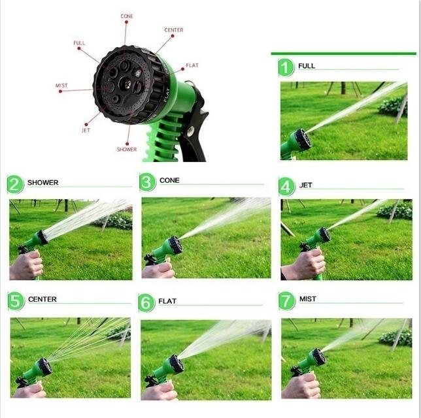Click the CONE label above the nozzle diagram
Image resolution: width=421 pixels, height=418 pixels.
pos(126,16)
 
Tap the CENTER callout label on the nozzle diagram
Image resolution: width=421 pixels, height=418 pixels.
pos(174,30)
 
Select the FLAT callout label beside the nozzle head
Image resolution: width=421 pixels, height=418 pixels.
pos(192,65)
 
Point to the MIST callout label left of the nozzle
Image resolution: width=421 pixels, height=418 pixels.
pos(61,86)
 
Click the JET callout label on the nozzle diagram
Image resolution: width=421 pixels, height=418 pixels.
pos(86,130)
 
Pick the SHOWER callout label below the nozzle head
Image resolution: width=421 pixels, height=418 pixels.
pos(127,150)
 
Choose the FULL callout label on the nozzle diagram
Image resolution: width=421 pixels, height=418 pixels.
pos(79,43)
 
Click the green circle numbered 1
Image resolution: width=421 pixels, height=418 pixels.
pos(286,67)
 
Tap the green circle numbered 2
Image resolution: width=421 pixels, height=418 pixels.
pos(16,184)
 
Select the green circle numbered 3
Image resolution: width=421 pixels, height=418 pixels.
pos(148,182)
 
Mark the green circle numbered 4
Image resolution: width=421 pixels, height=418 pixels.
pos(287,187)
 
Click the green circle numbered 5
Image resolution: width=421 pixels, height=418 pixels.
pos(16,301)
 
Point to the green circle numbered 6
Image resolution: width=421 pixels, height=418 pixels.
pos(147,302)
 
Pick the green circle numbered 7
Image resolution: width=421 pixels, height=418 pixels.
pos(287,300)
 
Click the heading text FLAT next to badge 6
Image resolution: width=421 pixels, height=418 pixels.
pos(167,302)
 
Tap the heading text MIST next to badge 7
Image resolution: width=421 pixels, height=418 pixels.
pos(308,299)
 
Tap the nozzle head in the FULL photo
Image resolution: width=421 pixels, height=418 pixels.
pos(302,139)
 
